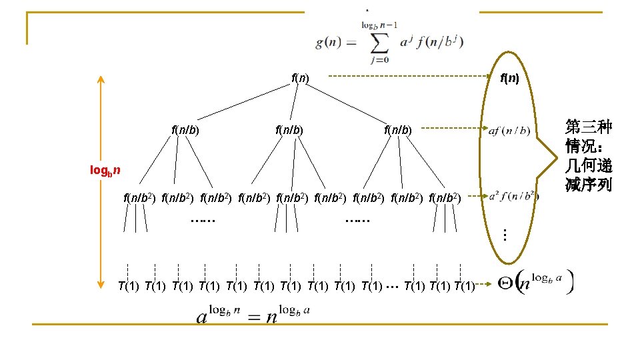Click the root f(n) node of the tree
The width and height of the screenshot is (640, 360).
pyautogui.click(x=300, y=78)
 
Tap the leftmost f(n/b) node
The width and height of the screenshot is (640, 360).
pyautogui.click(x=185, y=129)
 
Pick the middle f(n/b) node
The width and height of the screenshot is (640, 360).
pyautogui.click(x=289, y=129)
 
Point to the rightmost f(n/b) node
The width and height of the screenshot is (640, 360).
pyautogui.click(x=398, y=129)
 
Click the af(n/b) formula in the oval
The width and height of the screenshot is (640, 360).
pyautogui.click(x=509, y=130)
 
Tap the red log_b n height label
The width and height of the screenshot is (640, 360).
pyautogui.click(x=105, y=171)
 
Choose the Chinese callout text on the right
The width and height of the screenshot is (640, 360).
pyautogui.click(x=588, y=155)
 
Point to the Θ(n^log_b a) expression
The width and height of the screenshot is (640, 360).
pyautogui.click(x=535, y=283)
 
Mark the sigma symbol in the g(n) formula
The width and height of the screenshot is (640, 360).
pyautogui.click(x=379, y=43)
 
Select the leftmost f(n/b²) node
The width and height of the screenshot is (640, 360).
pyautogui.click(x=140, y=197)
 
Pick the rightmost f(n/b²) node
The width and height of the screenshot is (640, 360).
pyautogui.click(x=445, y=197)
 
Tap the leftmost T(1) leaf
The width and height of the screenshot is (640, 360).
pyautogui.click(x=128, y=287)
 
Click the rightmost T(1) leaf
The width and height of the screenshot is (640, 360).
pyautogui.click(x=464, y=287)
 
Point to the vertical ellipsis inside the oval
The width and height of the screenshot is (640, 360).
pyautogui.click(x=505, y=234)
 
